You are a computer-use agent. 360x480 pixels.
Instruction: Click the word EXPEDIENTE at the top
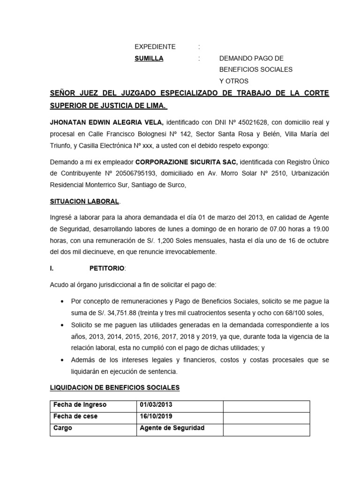pos(155,47)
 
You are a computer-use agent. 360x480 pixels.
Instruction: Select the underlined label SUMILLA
pos(149,58)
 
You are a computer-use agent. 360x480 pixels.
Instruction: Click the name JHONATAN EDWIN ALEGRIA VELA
pos(106,122)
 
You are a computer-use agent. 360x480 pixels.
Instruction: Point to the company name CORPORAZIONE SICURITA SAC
pos(187,162)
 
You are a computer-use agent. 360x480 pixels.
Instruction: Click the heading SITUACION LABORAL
pos(84,201)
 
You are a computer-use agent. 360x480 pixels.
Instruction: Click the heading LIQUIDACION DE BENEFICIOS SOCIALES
pos(114,388)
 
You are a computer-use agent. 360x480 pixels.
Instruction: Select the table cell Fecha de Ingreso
pos(80,405)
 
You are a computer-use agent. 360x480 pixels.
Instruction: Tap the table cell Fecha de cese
pos(75,416)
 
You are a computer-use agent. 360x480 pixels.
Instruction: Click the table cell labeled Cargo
pos(63,428)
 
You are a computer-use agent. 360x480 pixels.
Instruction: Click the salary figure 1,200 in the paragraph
pos(171,240)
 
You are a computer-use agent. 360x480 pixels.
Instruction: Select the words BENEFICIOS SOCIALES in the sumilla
pos(255,69)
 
